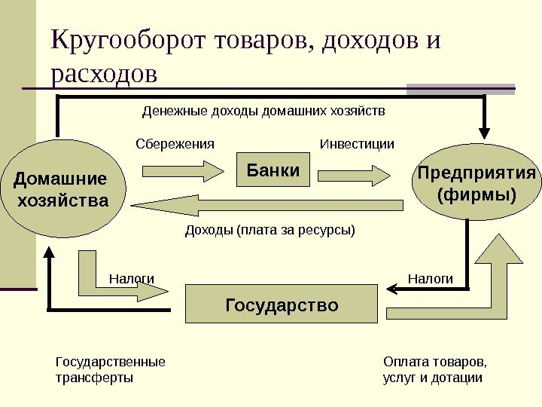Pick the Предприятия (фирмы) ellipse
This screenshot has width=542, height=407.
[477, 185]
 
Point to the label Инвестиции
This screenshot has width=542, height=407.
[357, 143]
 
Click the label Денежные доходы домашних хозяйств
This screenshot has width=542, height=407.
[263, 112]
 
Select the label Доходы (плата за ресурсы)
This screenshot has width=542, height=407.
[269, 229]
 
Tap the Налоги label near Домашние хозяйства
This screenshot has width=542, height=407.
[132, 279]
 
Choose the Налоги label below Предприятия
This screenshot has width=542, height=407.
[431, 279]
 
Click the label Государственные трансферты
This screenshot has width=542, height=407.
[111, 369]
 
